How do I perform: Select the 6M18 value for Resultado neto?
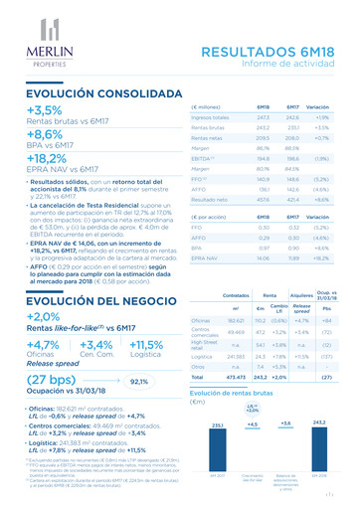264,200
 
